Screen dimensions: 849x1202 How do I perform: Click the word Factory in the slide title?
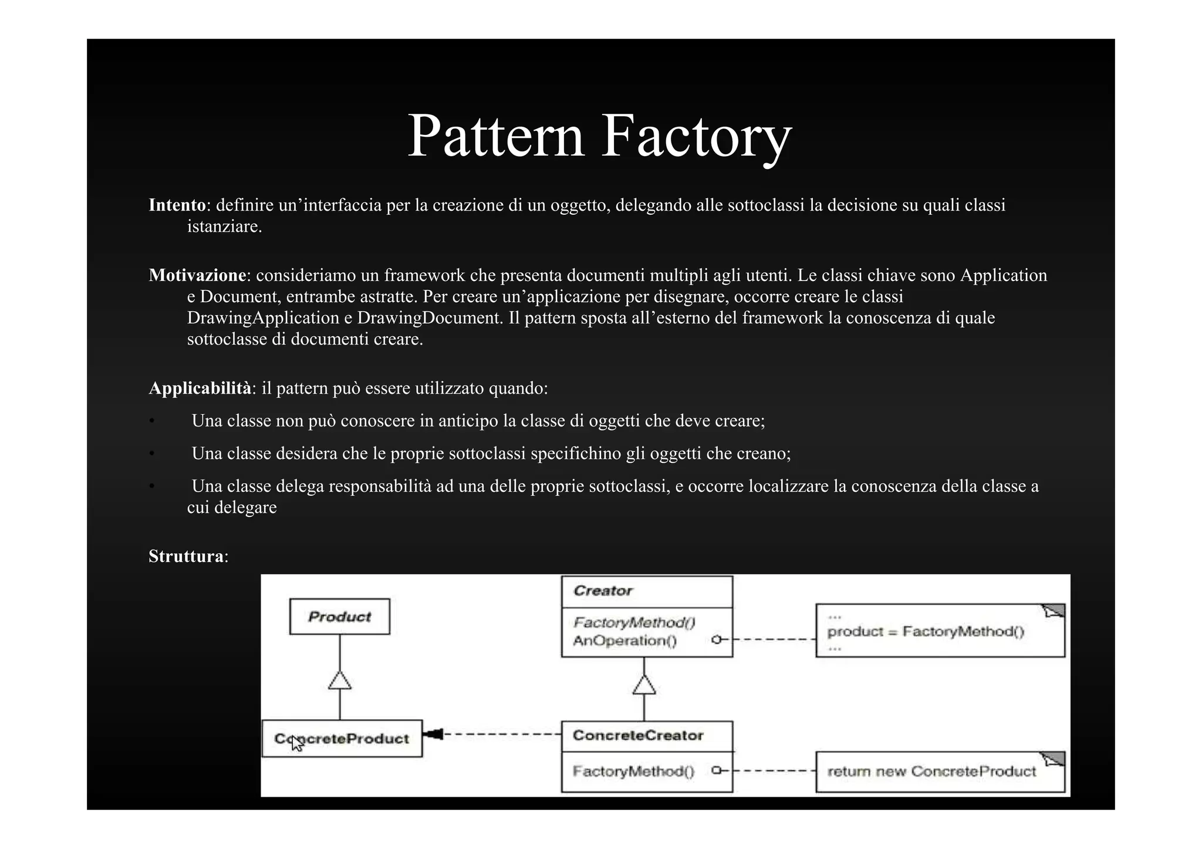point(696,136)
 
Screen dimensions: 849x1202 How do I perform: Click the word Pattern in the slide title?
point(496,136)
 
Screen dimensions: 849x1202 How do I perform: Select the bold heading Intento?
point(177,205)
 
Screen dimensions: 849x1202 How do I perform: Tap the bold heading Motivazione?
point(197,275)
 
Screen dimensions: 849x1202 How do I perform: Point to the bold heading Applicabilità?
point(200,388)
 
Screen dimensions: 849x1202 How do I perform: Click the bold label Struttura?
point(186,556)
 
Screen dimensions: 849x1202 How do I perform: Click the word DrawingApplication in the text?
point(263,318)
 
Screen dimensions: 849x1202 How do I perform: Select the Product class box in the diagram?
point(339,617)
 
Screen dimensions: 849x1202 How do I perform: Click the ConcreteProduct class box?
point(342,739)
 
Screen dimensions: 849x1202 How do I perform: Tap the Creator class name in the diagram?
point(603,591)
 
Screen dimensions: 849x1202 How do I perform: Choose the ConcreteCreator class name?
point(638,736)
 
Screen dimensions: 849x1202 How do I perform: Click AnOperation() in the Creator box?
point(624,641)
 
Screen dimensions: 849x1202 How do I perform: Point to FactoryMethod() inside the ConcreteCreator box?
point(633,771)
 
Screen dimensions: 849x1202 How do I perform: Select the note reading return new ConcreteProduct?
point(932,772)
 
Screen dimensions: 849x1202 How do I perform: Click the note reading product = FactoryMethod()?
point(926,632)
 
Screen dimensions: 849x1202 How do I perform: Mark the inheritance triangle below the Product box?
point(340,681)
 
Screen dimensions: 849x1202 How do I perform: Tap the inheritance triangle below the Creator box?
point(644,685)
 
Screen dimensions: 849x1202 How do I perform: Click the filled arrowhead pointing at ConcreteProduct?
point(433,734)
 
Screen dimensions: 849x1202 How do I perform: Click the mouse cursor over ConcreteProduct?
point(297,744)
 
